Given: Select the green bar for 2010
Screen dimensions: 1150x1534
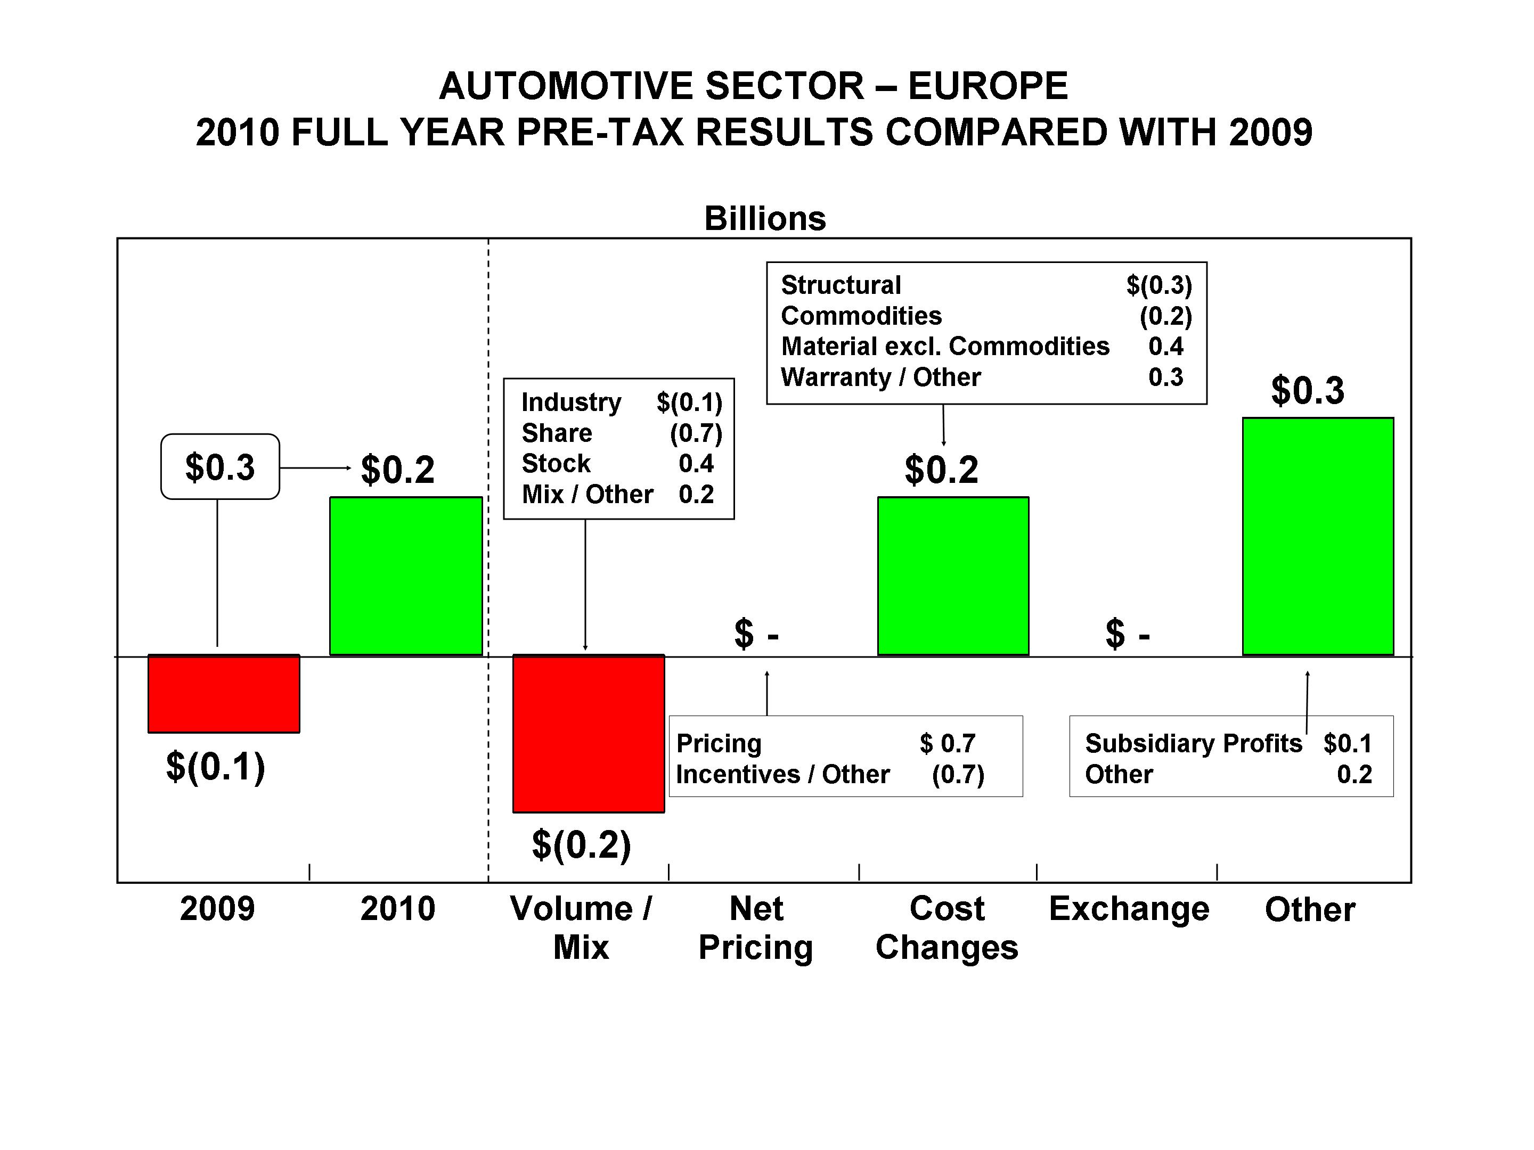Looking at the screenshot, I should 406,576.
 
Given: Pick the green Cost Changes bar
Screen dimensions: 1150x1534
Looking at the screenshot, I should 953,576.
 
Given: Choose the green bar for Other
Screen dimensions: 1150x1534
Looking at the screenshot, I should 1318,536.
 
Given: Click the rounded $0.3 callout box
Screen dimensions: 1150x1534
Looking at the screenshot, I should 220,466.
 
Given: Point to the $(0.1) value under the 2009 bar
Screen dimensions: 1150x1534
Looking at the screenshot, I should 215,767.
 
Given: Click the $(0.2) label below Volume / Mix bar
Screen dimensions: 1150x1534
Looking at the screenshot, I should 581,844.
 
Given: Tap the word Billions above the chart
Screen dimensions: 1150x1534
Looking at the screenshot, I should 765,218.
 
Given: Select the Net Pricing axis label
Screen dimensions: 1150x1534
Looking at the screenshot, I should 756,927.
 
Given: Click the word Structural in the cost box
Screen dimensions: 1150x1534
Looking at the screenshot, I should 841,285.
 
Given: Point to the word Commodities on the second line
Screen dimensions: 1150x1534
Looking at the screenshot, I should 861,316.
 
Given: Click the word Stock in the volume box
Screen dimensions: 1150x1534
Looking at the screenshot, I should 556,463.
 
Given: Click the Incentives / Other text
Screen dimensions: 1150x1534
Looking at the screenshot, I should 782,774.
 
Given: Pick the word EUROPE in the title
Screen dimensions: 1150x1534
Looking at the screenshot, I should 988,86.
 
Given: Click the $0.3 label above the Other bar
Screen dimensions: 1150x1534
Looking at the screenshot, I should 1307,390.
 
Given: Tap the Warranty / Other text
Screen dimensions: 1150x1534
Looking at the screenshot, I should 881,377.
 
